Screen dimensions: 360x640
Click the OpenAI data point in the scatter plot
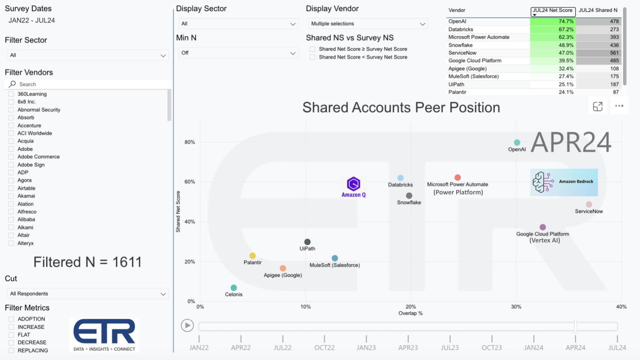tap(517, 143)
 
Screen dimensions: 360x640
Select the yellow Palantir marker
tap(252, 256)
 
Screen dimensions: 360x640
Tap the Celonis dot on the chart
tap(234, 288)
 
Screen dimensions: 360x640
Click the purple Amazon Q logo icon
tap(353, 184)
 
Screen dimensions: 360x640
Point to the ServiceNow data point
tap(589, 205)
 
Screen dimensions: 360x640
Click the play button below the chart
tap(187, 325)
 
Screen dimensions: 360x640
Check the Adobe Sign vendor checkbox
tap(11, 165)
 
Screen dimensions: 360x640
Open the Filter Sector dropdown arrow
tap(163, 56)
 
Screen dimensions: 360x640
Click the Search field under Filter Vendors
tap(90, 84)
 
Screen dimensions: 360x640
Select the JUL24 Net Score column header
tap(553, 11)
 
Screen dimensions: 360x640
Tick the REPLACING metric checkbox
tap(11, 351)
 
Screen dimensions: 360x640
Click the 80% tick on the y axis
tap(190, 142)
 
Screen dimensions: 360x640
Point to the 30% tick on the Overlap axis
tap(516, 307)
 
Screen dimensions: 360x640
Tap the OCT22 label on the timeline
tap(324, 348)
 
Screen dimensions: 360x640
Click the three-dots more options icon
tap(619, 106)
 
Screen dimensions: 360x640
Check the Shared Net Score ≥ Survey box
tap(312, 49)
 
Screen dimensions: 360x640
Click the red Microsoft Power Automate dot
tap(457, 178)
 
